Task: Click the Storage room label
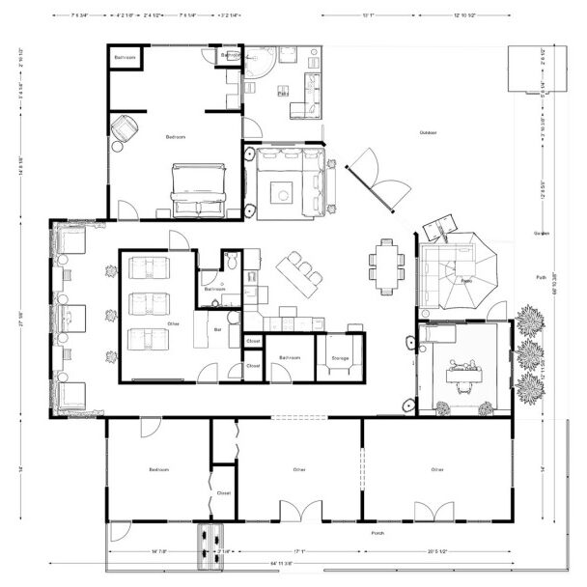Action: pyautogui.click(x=340, y=357)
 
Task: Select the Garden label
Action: pyautogui.click(x=542, y=234)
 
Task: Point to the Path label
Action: pyautogui.click(x=541, y=277)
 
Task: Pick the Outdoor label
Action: pyautogui.click(x=429, y=132)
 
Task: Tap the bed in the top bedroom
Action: pyautogui.click(x=199, y=187)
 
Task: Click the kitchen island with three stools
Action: pyautogui.click(x=298, y=274)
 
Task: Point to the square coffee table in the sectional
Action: pyautogui.click(x=283, y=189)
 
